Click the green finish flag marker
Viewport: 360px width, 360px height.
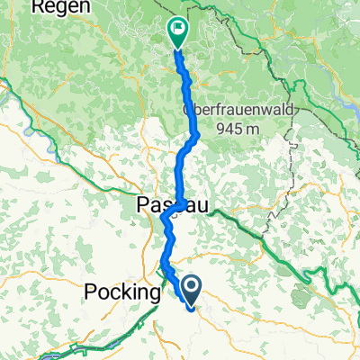click(176, 33)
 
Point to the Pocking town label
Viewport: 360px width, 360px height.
click(121, 291)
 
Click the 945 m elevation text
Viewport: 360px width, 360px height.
click(238, 128)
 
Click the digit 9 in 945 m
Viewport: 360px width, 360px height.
click(220, 128)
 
